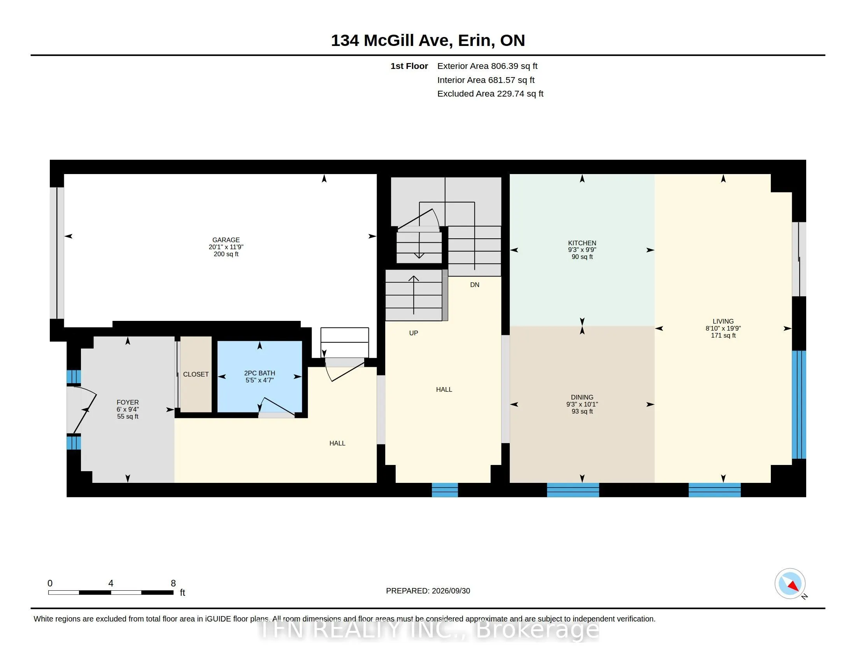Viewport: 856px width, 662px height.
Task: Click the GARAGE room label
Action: [x=226, y=240]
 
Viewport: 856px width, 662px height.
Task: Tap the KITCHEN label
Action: [x=582, y=243]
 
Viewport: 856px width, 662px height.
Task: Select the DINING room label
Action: [x=582, y=397]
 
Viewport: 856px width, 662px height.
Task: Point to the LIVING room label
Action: [x=723, y=321]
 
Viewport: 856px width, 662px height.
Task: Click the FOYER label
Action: [x=127, y=402]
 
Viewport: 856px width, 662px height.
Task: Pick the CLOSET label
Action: [x=196, y=375]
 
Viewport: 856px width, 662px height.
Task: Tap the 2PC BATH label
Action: [x=260, y=373]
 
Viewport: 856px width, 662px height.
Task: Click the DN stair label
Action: [x=475, y=285]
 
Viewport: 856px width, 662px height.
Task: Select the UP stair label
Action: [x=414, y=333]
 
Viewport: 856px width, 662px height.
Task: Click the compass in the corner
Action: [x=790, y=584]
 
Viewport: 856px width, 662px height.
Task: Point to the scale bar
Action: [x=111, y=593]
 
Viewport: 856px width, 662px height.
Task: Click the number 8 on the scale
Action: [x=173, y=583]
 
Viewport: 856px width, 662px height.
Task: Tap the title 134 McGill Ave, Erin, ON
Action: [x=428, y=40]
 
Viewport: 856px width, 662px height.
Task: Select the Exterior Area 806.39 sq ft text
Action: [x=487, y=66]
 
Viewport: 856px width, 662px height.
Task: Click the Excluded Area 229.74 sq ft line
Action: [x=490, y=94]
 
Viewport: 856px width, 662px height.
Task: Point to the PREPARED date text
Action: [x=428, y=591]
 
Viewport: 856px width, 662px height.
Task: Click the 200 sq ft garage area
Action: [x=226, y=254]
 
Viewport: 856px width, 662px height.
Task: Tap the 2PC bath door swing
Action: [x=276, y=407]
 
